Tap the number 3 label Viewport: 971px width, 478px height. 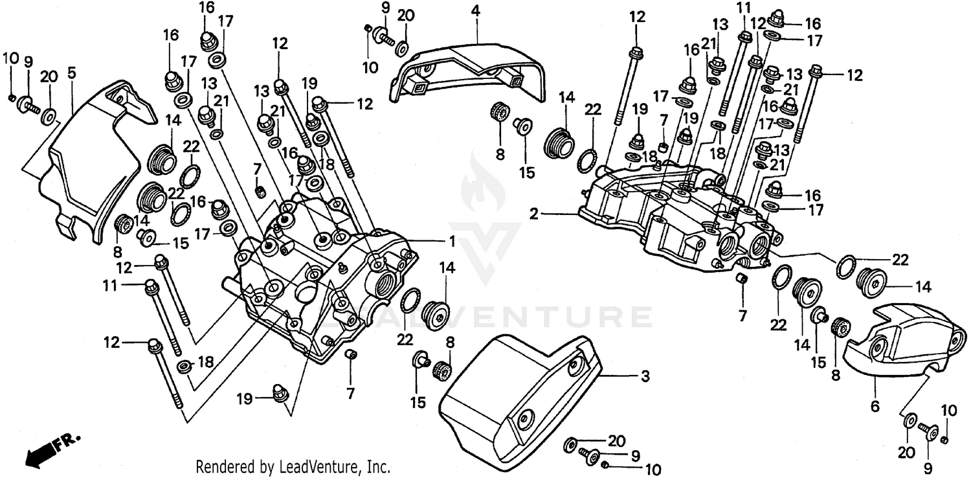[645, 376]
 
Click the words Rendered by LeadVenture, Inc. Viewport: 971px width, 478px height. [292, 466]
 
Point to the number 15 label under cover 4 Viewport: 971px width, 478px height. [527, 173]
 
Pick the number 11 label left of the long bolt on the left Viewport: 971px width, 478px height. [111, 284]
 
